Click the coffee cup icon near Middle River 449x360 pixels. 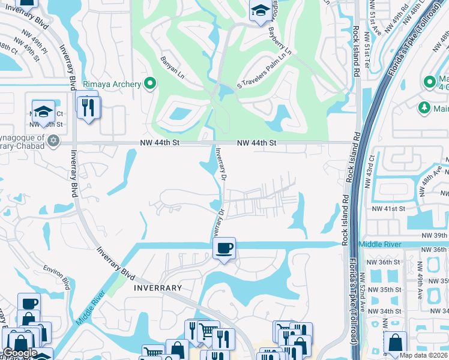pos(224,247)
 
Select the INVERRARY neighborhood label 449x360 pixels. pos(158,288)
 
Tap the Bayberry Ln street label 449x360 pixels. pos(279,40)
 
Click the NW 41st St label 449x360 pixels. pos(388,208)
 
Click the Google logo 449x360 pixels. pos(20,353)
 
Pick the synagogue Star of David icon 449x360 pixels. pos(53,140)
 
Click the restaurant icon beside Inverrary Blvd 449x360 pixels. pos(89,107)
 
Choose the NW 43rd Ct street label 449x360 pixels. pos(373,167)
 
